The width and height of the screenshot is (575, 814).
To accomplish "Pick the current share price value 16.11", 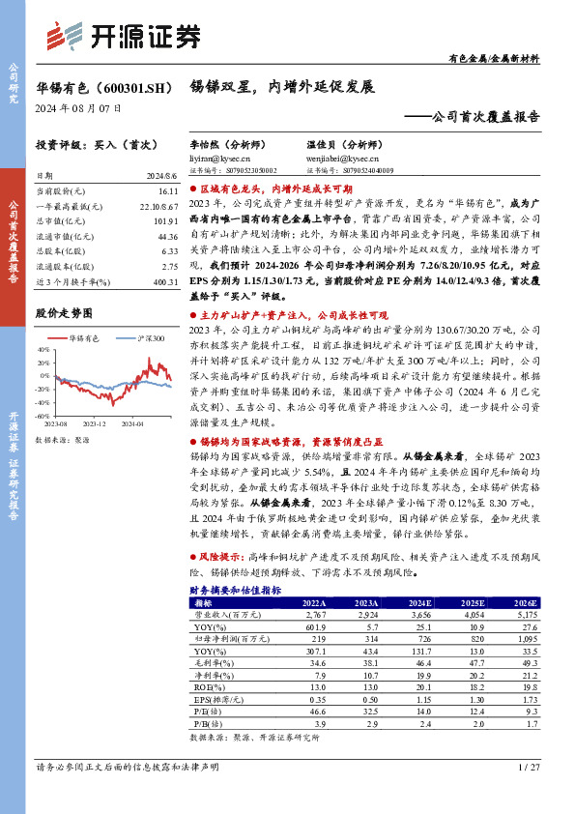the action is click(x=166, y=193).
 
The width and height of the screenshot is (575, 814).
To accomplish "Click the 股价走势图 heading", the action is click(x=63, y=313).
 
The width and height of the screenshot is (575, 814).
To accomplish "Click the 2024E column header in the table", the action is click(x=417, y=602).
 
